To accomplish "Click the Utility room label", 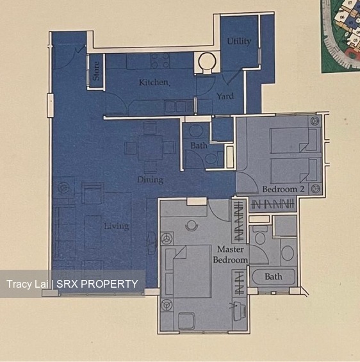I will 239,42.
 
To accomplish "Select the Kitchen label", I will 154,83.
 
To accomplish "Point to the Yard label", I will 224,97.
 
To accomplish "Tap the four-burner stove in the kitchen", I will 160,61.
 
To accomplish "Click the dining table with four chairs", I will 150,148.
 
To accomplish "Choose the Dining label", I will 150,180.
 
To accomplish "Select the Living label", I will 117,226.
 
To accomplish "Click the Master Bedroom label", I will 232,254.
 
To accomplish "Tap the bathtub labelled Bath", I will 274,277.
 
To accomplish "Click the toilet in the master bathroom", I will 259,238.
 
